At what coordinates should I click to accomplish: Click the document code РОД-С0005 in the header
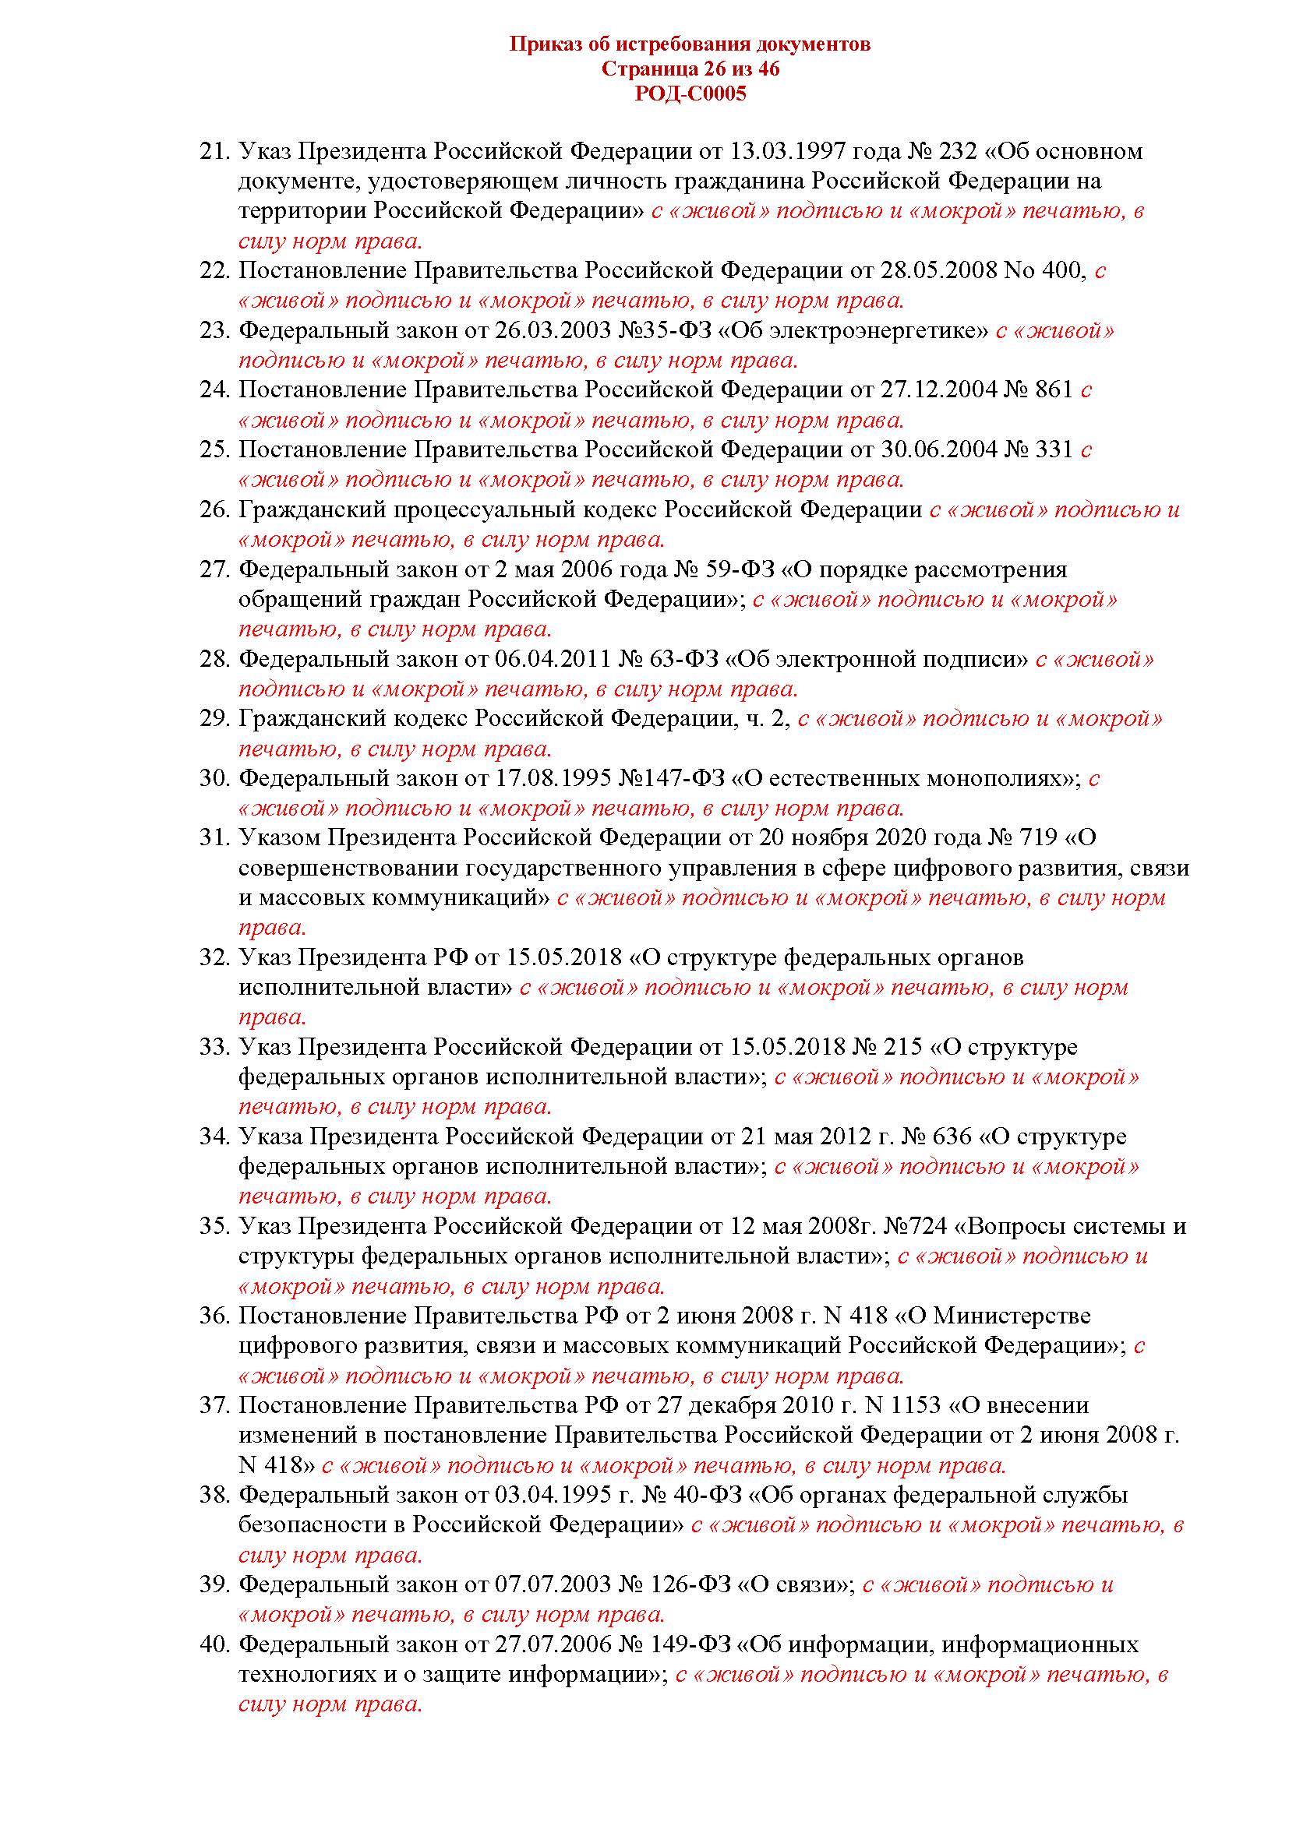point(690,94)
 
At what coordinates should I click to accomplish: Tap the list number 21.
point(214,152)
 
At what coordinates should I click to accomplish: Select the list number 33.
point(214,1048)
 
